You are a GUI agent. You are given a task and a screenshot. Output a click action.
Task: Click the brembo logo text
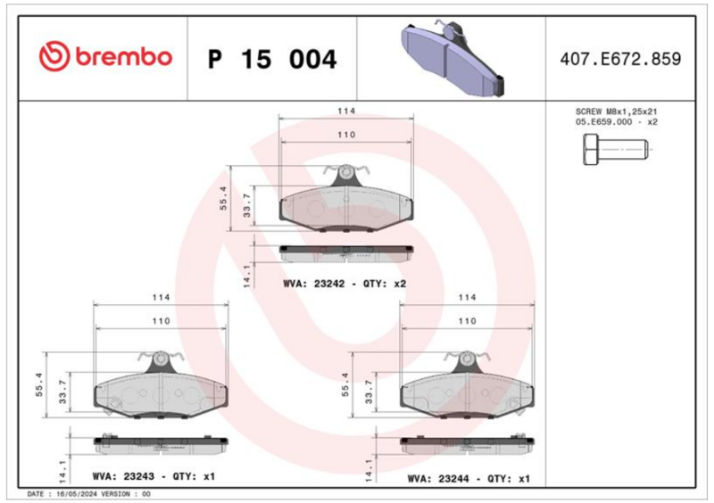124,57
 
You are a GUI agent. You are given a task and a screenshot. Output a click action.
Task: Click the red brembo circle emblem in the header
54,56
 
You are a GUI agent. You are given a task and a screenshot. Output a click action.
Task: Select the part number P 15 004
272,59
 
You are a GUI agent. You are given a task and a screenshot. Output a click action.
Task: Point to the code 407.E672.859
620,59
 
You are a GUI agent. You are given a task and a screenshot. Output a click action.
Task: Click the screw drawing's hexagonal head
591,149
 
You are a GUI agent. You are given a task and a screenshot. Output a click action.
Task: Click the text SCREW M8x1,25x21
616,111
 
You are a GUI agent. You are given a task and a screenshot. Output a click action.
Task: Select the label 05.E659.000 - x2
616,122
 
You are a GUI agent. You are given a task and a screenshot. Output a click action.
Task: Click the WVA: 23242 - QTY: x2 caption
345,284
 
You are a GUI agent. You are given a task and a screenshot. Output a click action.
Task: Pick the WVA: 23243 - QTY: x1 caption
154,476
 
